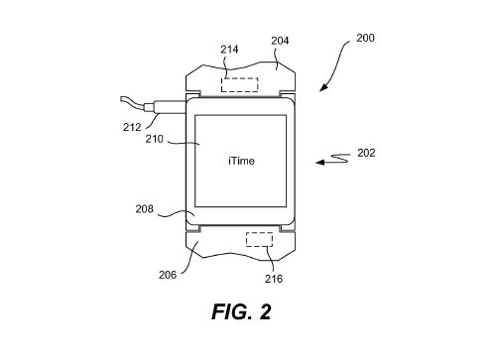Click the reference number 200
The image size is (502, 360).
[365, 38]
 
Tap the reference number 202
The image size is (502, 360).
[366, 153]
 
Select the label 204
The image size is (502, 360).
[280, 41]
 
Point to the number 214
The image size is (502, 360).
[229, 50]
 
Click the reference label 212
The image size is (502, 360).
[132, 127]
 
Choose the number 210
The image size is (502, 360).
[155, 139]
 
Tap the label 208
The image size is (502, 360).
[145, 209]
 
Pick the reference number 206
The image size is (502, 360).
[168, 275]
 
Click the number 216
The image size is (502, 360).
[274, 279]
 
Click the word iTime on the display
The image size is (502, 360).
[241, 161]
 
